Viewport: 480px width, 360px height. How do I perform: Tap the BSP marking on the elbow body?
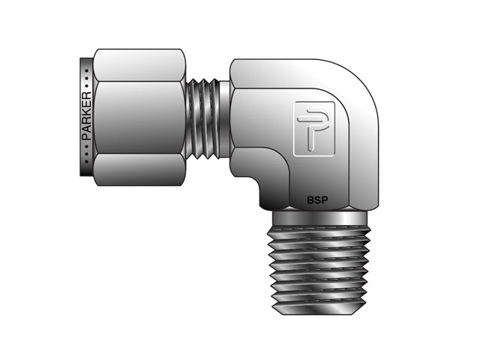[x=317, y=200]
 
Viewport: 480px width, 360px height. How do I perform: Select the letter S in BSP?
[x=317, y=200]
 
